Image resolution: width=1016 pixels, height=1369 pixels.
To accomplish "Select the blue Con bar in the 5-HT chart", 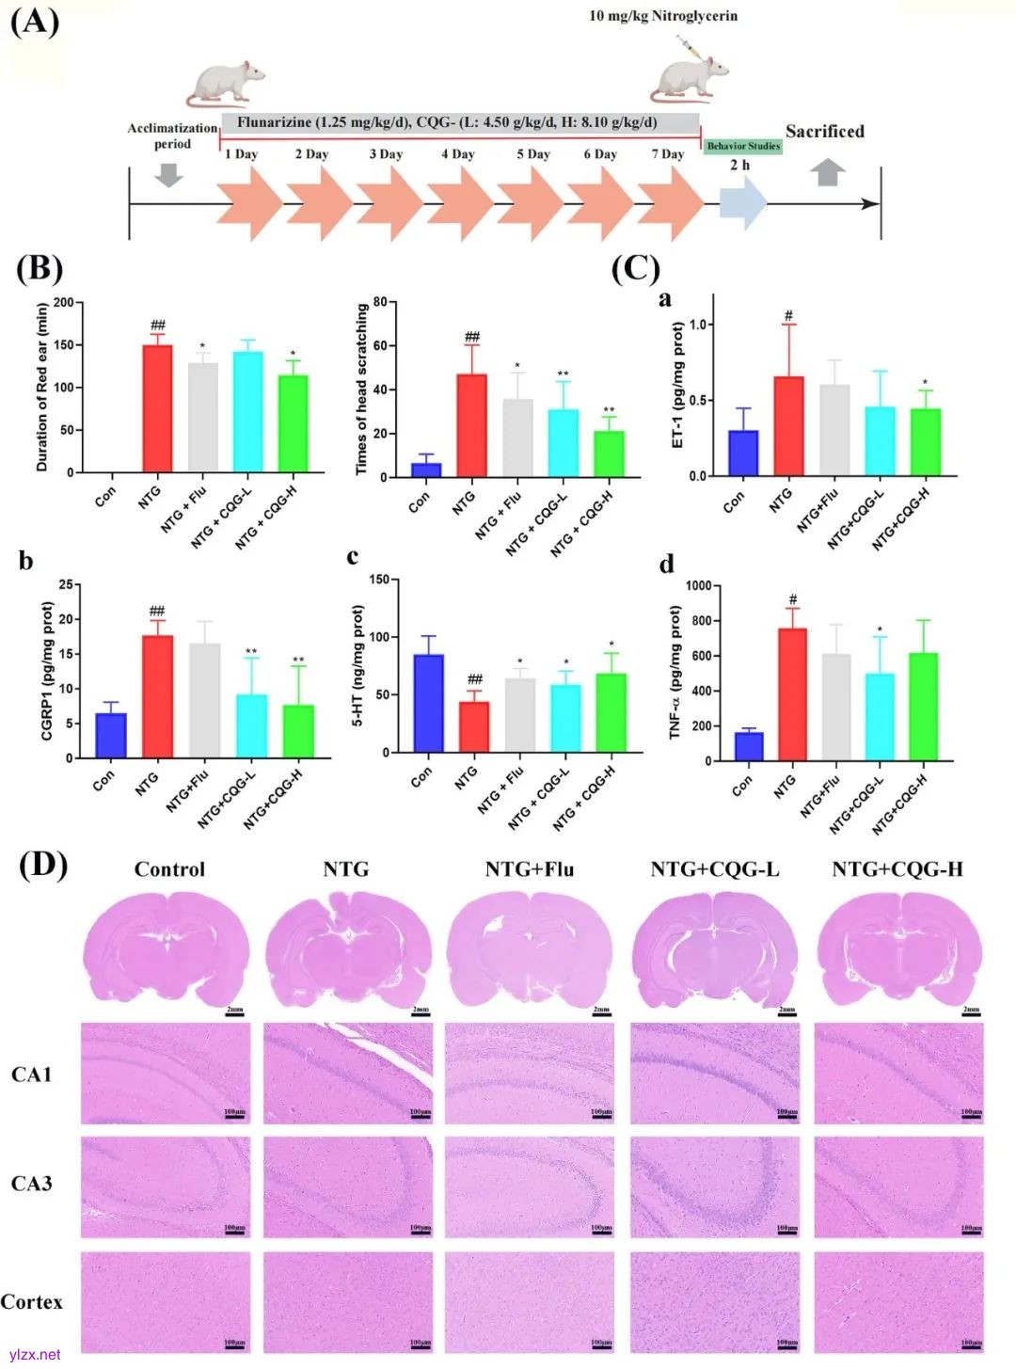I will click(x=429, y=703).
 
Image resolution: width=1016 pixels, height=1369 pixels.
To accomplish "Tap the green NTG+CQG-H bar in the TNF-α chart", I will click(x=923, y=706).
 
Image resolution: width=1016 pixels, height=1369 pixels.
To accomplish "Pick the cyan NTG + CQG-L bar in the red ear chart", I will click(x=248, y=411).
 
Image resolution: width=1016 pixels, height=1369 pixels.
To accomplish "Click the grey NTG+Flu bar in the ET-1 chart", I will click(x=834, y=429).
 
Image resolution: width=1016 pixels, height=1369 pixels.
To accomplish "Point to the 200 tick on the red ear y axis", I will click(x=63, y=302).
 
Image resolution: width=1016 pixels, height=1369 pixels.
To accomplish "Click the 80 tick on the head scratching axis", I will click(x=379, y=302).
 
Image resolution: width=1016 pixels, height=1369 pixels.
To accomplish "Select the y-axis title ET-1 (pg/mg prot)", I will click(x=678, y=385).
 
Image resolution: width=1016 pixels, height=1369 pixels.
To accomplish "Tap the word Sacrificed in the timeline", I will click(x=824, y=132).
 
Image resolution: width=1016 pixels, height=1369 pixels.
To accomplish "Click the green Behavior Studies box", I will click(x=743, y=146).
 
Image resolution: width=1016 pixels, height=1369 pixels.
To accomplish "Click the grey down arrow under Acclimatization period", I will click(x=168, y=175).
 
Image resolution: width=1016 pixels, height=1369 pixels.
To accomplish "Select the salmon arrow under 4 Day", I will click(x=459, y=203).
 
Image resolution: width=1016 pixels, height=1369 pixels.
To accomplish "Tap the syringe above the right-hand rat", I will click(x=690, y=46).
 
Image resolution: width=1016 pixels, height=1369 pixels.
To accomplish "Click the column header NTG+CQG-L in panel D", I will click(x=715, y=869).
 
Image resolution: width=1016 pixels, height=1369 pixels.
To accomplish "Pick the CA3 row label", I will click(x=31, y=1184).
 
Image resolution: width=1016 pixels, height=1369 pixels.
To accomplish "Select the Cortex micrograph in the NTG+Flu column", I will click(x=530, y=1301).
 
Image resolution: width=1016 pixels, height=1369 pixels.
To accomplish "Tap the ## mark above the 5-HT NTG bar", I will click(x=475, y=678).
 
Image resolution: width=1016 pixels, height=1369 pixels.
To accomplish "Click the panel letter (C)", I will click(x=636, y=268).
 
